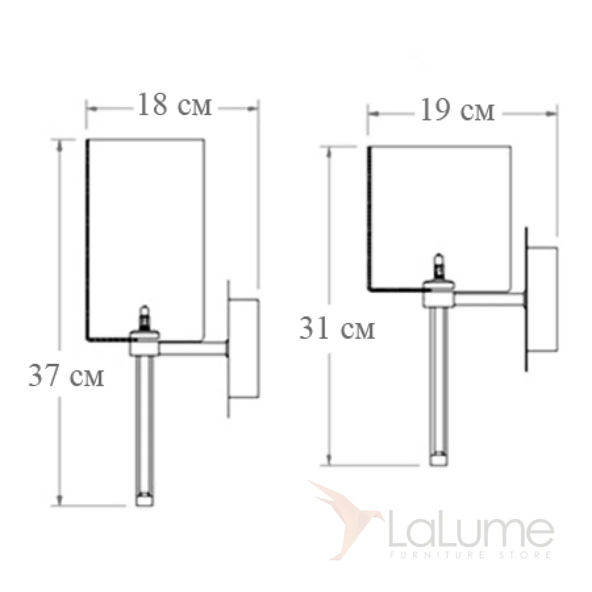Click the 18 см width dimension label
pyautogui.click(x=175, y=105)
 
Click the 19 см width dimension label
pyautogui.click(x=458, y=110)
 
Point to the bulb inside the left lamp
pyautogui.click(x=144, y=317)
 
